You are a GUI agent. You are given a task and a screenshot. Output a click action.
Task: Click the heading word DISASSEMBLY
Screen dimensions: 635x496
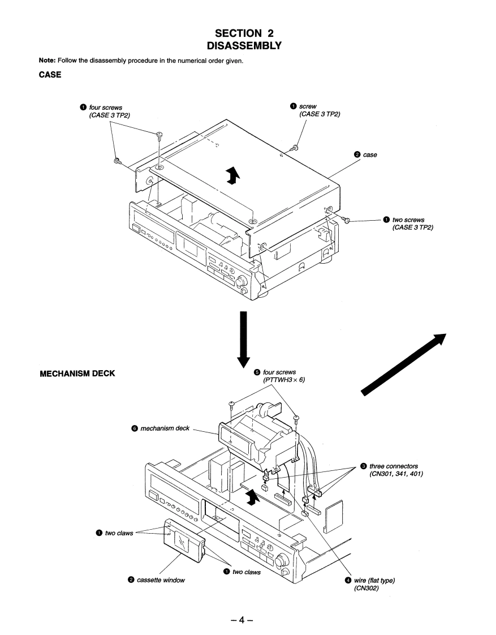(248, 45)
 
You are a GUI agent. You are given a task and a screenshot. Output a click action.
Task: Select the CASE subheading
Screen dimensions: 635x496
(50, 74)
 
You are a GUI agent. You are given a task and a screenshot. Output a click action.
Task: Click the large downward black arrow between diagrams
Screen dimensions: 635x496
(243, 337)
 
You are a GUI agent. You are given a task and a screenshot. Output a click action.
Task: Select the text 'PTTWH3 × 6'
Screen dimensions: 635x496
(283, 380)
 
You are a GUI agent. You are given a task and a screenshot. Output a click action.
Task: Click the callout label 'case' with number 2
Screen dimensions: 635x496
(370, 154)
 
